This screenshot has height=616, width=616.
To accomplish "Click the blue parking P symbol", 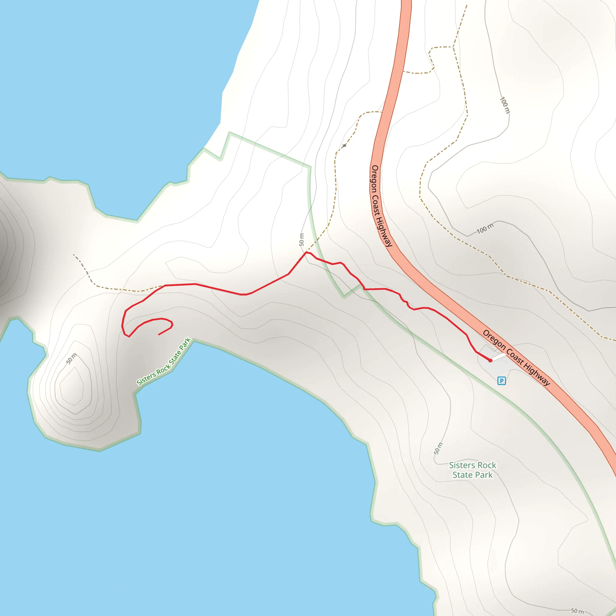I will pyautogui.click(x=501, y=380).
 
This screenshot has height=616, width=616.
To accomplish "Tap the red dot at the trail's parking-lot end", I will pyautogui.click(x=490, y=360).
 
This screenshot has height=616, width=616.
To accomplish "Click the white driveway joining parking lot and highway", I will pyautogui.click(x=499, y=357).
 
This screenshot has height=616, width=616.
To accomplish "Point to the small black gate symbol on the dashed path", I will pyautogui.click(x=344, y=146).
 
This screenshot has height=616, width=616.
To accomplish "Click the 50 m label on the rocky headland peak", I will pyautogui.click(x=71, y=358).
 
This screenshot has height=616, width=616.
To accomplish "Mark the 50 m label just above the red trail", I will pyautogui.click(x=301, y=240).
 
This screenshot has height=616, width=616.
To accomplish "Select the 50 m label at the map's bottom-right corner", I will pyautogui.click(x=577, y=611).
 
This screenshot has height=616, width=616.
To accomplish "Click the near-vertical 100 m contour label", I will pyautogui.click(x=505, y=105).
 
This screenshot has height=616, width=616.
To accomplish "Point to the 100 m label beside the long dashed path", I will pyautogui.click(x=485, y=228).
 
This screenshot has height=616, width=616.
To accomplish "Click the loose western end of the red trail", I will pyautogui.click(x=159, y=334).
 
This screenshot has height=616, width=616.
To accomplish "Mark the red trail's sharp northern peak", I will pyautogui.click(x=306, y=253).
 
